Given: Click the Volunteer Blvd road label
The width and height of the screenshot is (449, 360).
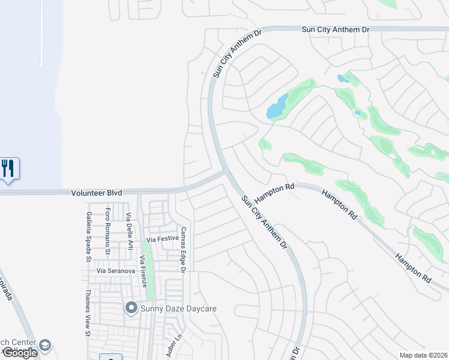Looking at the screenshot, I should (x=97, y=193).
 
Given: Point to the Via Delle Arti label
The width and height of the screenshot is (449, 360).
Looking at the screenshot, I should (x=128, y=230).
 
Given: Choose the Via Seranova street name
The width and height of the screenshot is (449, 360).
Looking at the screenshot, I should (x=116, y=271).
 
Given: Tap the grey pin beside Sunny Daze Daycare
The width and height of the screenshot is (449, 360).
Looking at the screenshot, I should (x=131, y=308).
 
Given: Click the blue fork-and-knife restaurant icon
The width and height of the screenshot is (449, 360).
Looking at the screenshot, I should (x=10, y=168).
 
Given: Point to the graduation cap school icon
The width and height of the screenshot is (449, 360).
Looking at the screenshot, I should (x=45, y=346).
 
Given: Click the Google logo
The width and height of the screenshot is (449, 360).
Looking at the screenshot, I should (x=19, y=353).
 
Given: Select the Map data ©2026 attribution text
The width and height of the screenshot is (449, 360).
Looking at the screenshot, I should (x=423, y=355).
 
